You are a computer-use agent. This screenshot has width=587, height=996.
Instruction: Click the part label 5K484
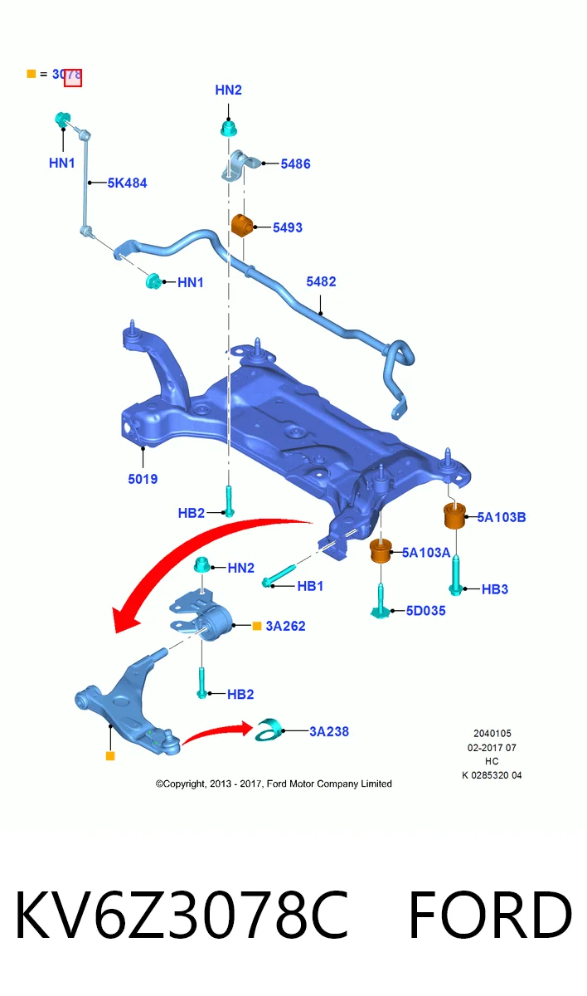127,183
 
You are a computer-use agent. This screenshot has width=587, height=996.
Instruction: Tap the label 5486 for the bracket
295,164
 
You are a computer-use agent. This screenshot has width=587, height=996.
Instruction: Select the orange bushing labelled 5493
242,225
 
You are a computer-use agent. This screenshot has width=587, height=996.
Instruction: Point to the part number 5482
321,281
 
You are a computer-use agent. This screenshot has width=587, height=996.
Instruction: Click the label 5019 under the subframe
143,479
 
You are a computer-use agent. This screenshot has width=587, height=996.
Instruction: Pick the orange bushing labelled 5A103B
454,515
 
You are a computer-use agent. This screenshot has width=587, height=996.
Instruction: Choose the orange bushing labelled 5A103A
381,551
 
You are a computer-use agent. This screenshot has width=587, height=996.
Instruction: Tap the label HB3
495,589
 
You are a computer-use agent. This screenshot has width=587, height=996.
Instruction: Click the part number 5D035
426,611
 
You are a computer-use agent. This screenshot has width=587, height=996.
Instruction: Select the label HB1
310,586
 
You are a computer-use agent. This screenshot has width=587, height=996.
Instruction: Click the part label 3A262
285,626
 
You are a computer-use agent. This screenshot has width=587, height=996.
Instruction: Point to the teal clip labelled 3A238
268,730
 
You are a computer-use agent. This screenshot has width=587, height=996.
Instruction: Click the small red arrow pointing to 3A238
217,732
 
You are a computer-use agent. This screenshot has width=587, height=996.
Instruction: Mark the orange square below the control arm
110,756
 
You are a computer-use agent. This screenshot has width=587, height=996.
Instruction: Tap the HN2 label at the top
228,90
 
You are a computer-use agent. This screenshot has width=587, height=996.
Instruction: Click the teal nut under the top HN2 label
229,129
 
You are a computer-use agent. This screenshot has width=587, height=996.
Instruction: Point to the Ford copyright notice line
274,784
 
